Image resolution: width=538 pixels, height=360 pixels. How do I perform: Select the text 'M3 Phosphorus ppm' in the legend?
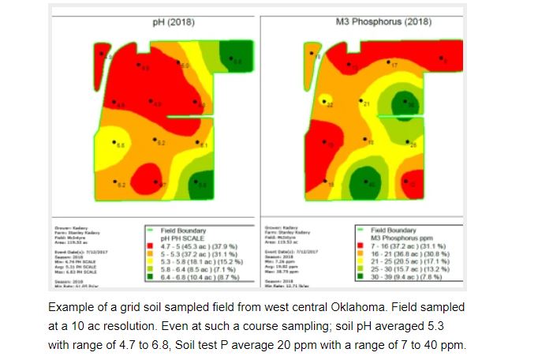click(402, 238)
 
